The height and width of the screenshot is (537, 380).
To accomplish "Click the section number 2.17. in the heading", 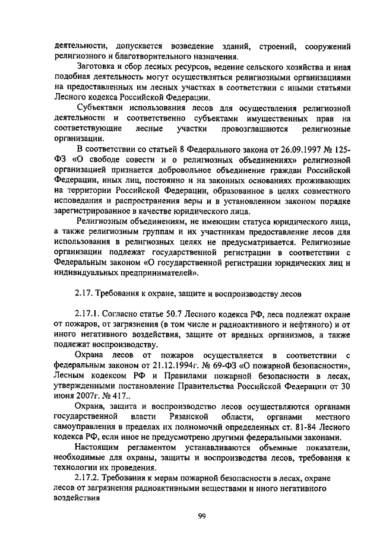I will (87, 293).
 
